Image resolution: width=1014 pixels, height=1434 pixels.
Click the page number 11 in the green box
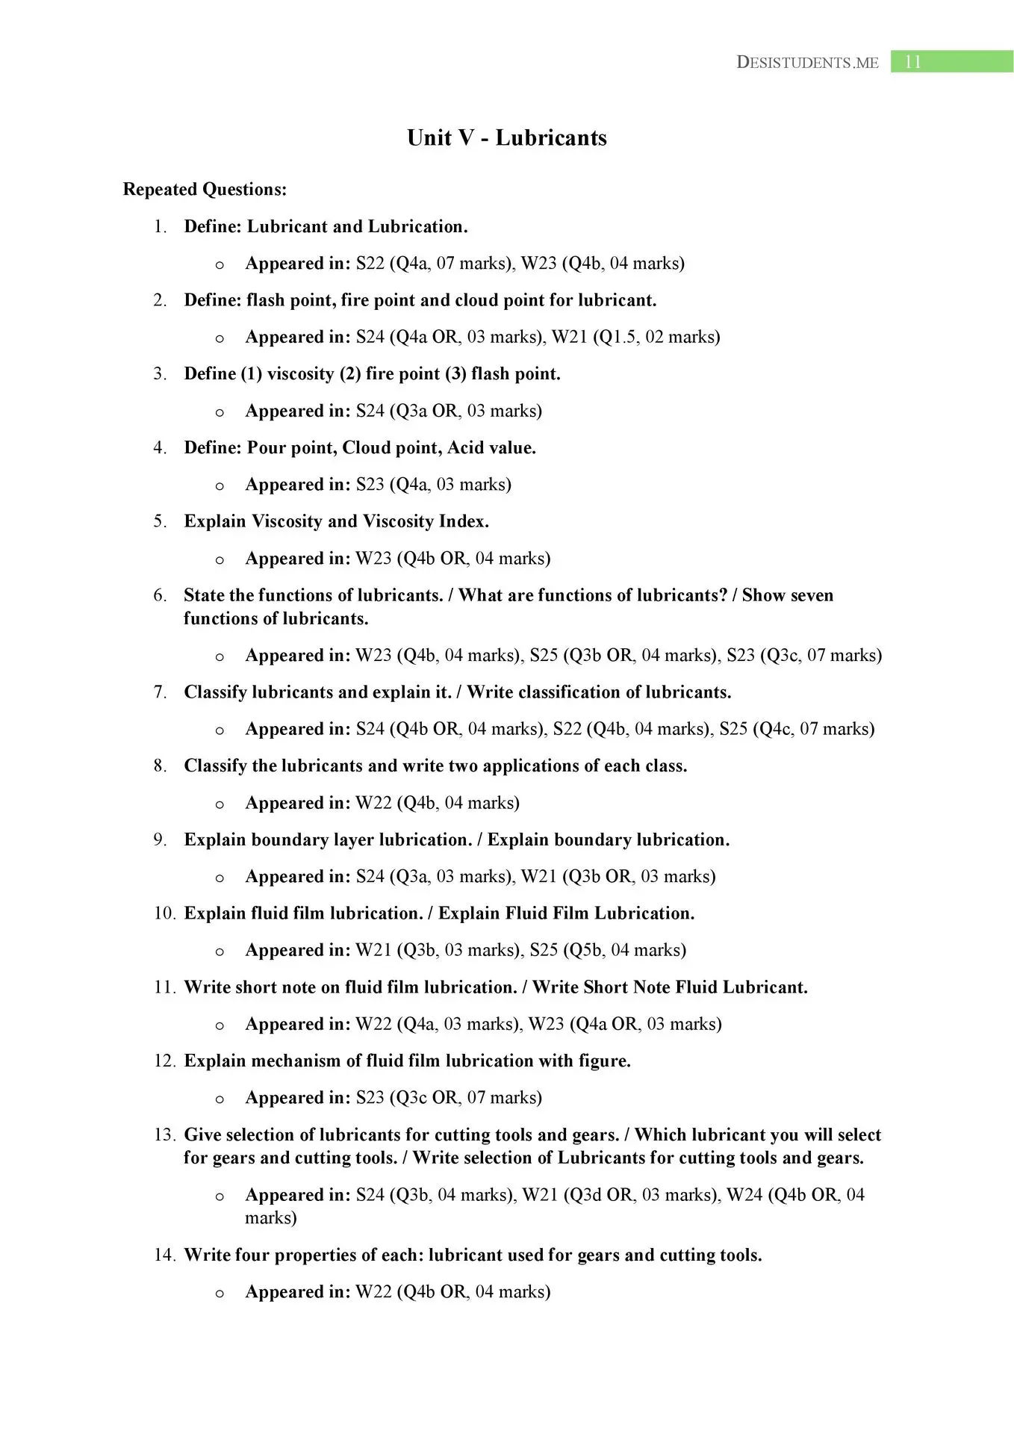point(912,62)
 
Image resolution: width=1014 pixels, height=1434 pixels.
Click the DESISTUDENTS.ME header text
point(807,63)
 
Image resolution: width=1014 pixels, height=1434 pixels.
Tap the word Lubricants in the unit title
point(550,137)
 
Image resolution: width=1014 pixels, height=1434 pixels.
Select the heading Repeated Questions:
point(205,190)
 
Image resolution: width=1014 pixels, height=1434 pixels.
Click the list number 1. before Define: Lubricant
point(160,226)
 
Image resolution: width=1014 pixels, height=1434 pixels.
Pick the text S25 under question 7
point(733,728)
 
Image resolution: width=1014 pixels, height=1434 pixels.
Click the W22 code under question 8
point(373,803)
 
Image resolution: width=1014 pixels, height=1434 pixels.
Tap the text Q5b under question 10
point(584,950)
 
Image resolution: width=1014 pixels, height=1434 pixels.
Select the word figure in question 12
point(604,1061)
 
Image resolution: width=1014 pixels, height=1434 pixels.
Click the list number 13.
point(164,1135)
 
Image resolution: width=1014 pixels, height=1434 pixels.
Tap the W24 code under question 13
point(744,1195)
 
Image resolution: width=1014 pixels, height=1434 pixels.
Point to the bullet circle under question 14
point(220,1294)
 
